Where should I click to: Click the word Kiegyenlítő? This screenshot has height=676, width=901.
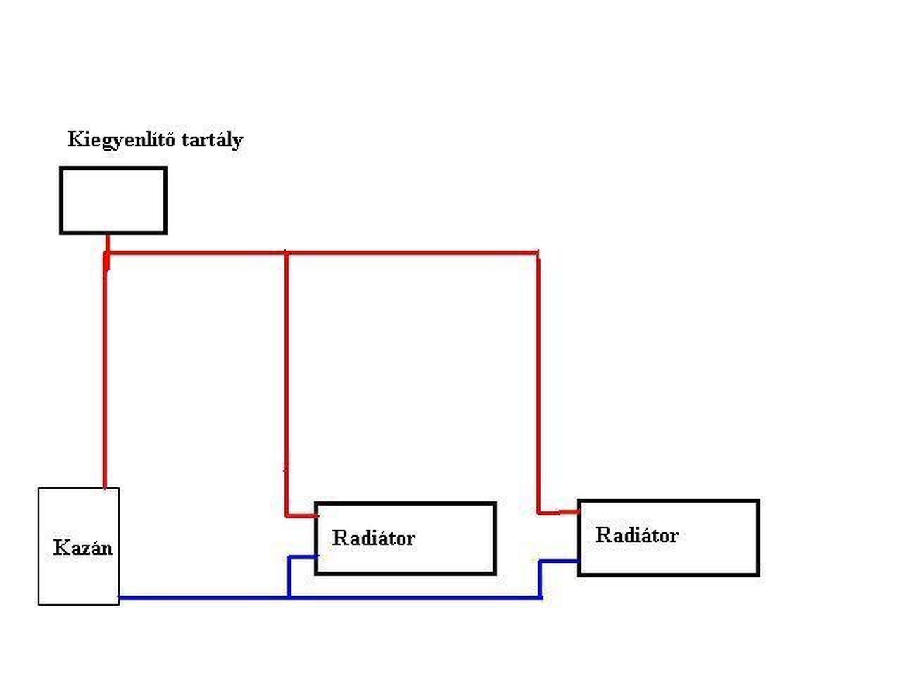pos(121,139)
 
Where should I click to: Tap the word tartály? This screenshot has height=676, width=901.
pos(212,140)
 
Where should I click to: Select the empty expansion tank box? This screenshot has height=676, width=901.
pos(113,201)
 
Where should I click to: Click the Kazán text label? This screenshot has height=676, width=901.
pos(82,548)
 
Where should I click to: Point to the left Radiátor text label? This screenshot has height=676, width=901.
pos(373,538)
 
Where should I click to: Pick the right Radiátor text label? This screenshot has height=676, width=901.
pos(636,535)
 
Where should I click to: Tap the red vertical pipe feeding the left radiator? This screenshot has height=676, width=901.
pos(286,380)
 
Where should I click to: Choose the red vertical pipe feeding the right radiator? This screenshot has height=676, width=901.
pos(538,380)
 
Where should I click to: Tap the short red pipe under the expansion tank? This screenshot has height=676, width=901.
pos(107,242)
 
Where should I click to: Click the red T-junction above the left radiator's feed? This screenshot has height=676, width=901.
pos(286,252)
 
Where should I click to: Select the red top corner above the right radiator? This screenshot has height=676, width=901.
pos(538,253)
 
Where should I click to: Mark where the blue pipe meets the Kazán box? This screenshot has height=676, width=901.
pos(120,598)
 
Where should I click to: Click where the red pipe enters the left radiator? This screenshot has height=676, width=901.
pos(315,515)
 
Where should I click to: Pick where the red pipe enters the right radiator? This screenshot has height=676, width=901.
pos(578,512)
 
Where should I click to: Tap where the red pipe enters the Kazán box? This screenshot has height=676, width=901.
pos(105,487)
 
